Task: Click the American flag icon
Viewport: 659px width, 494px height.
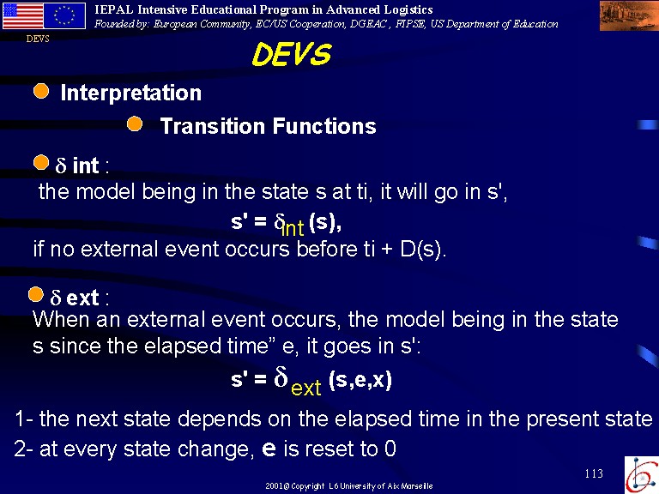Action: click(22, 16)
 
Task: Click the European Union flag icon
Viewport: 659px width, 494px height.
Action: click(64, 16)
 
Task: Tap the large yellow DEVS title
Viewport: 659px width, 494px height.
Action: click(292, 54)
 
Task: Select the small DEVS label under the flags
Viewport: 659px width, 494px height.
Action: click(38, 39)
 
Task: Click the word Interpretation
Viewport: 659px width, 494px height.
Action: click(131, 93)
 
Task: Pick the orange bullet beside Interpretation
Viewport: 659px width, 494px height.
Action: click(41, 91)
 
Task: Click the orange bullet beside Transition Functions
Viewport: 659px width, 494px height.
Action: click(135, 123)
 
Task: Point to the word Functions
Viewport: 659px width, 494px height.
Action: click(324, 126)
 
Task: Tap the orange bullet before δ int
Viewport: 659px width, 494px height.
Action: click(41, 163)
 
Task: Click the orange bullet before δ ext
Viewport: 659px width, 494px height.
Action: click(36, 294)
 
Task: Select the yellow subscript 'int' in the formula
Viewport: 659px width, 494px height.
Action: click(293, 228)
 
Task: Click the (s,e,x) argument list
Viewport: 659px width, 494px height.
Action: click(360, 380)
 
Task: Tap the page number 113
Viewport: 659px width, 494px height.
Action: click(594, 473)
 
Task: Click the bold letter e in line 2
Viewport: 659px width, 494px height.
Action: click(269, 449)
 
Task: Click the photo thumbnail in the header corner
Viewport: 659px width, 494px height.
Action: click(629, 15)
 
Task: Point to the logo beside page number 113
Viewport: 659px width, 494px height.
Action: click(642, 475)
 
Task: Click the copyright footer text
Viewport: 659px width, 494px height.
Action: click(349, 486)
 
